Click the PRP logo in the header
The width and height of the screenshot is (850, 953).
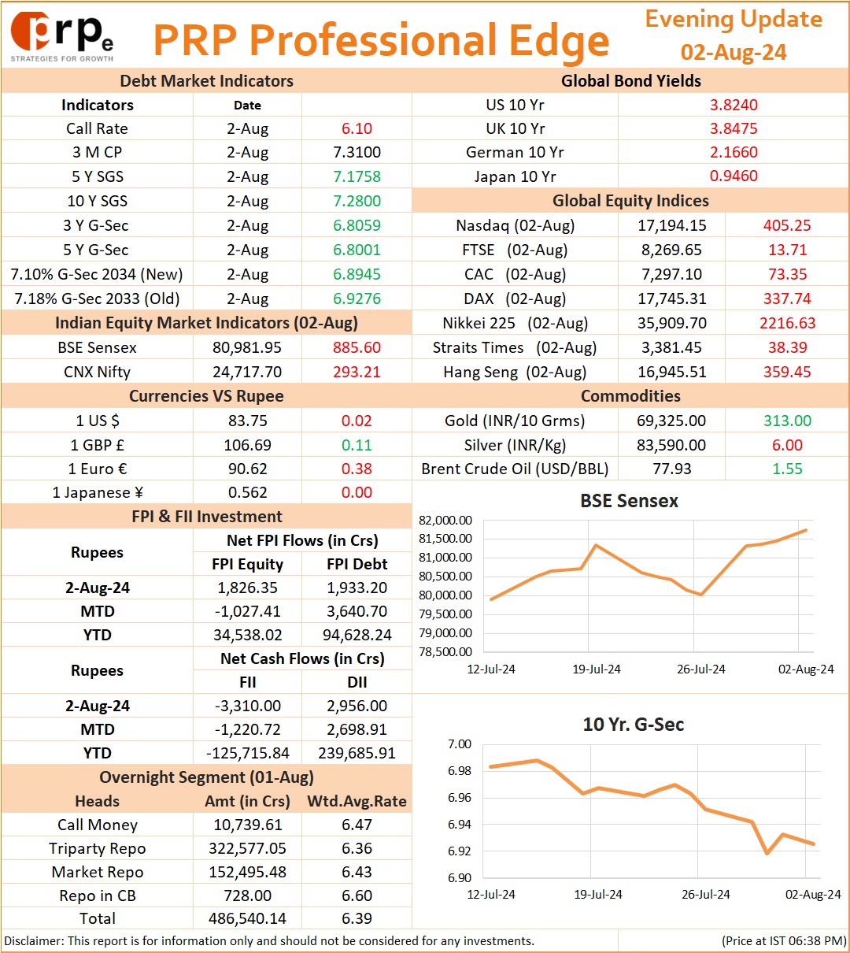(x=61, y=37)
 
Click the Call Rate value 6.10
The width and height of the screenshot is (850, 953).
(x=357, y=128)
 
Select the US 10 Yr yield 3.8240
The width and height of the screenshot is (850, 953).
(x=734, y=105)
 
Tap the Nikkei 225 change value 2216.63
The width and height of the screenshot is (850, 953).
(x=787, y=323)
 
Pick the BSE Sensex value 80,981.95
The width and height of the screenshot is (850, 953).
(x=247, y=347)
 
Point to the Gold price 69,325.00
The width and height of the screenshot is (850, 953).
(x=671, y=420)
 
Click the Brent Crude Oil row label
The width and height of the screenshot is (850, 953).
(x=515, y=469)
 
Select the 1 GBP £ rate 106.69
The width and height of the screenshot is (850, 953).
(x=247, y=444)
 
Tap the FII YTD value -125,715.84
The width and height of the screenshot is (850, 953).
(x=247, y=753)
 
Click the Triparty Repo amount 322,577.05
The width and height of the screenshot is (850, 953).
(x=247, y=847)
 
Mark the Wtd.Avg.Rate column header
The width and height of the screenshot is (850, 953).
(x=357, y=800)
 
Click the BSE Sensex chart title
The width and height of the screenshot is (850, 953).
(x=629, y=500)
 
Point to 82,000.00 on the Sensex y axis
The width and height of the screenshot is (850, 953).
(x=445, y=520)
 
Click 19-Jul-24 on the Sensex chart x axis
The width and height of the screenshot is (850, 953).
(x=596, y=669)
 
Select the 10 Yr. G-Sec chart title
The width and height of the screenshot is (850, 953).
(x=633, y=724)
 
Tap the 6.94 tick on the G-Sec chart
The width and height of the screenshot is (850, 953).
(x=459, y=824)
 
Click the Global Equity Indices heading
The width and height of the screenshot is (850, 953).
(x=630, y=200)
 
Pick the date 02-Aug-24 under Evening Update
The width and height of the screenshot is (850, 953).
(x=734, y=52)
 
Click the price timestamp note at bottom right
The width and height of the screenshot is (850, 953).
(x=784, y=940)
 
